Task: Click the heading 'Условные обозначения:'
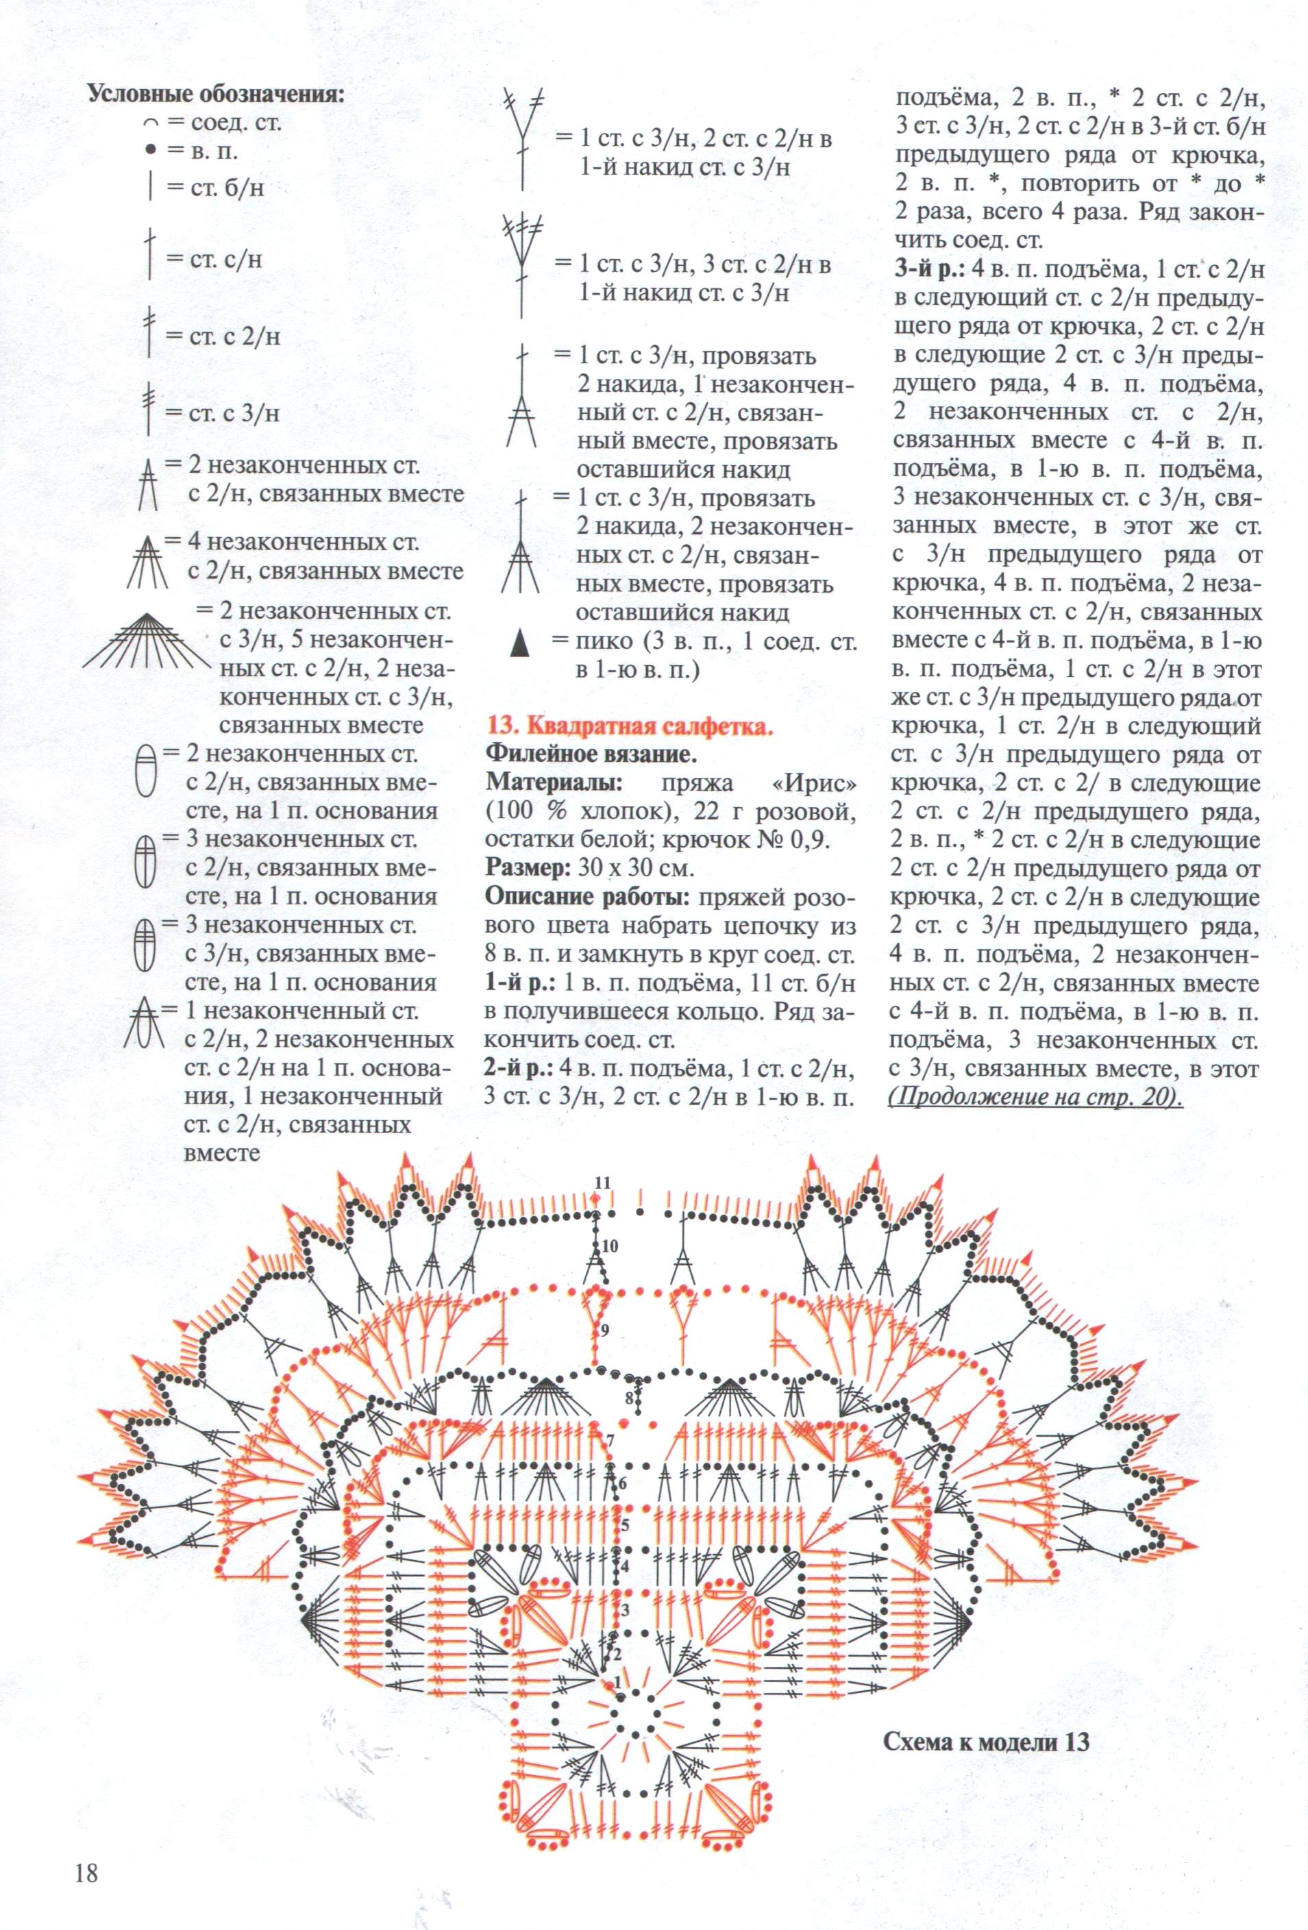coord(216,93)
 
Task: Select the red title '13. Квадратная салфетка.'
coord(630,729)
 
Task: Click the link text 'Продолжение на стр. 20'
coord(1034,1096)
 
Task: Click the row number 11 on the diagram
coord(603,1182)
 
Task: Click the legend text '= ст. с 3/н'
coord(222,412)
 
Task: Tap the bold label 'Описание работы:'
coord(590,899)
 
